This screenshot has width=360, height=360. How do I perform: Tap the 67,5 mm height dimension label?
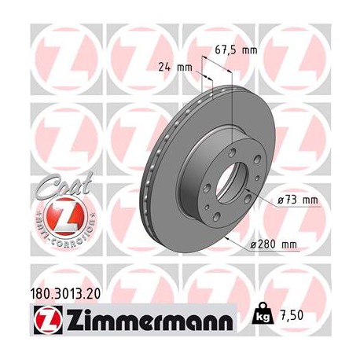point(236,50)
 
